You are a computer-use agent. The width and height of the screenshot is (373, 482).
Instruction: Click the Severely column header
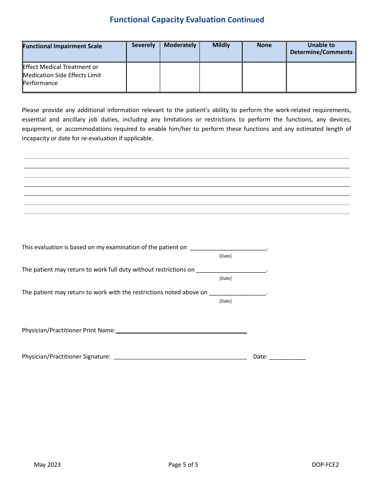143,45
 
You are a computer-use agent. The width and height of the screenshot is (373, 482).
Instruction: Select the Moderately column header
180,45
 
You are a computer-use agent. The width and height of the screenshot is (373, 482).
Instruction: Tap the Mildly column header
221,45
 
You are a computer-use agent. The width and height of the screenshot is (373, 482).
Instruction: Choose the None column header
264,45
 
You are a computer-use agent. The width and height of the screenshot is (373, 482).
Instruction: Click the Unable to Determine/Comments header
321,49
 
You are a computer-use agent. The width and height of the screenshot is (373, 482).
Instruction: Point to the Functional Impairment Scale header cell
62,46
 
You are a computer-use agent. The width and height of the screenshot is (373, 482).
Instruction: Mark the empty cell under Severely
143,77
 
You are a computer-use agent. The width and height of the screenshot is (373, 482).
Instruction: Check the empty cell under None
264,77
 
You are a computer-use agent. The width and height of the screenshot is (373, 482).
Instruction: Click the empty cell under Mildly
221,77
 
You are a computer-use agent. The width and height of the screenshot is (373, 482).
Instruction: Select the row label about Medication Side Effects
62,75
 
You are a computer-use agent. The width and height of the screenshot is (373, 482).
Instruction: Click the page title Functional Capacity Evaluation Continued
187,20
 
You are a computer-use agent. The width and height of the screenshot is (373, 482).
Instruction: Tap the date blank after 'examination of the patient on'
228,248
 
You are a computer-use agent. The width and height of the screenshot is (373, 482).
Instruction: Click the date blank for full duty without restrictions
231,270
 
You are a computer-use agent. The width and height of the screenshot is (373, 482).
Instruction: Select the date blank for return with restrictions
238,293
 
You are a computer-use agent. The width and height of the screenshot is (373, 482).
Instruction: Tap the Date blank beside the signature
287,357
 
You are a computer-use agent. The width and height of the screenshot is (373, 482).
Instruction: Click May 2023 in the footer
48,465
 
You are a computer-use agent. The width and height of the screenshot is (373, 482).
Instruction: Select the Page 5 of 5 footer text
183,465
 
